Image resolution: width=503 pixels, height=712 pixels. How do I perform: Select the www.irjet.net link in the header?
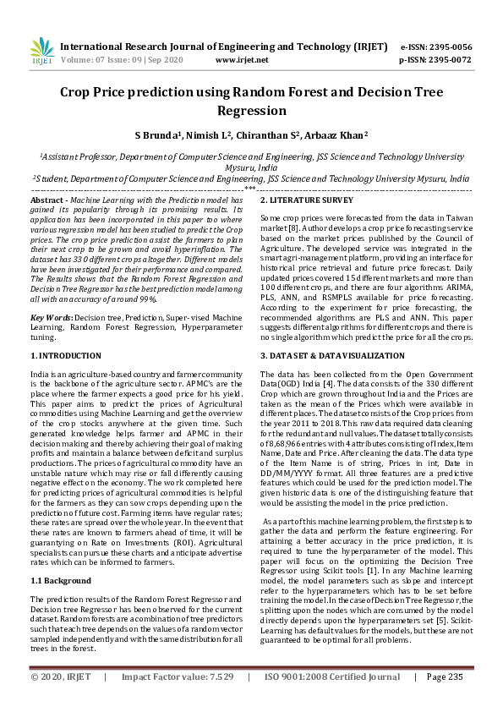(x=242, y=60)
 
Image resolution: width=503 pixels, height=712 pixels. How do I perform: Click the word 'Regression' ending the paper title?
(x=252, y=111)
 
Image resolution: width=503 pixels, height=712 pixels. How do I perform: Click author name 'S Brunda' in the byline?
(x=156, y=134)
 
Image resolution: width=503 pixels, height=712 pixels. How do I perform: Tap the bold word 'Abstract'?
(x=47, y=199)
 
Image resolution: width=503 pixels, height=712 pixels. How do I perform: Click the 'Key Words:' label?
(x=51, y=293)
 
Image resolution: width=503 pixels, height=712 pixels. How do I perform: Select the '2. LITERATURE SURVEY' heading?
(x=306, y=200)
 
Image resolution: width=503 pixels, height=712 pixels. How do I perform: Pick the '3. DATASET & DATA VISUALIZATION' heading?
(x=333, y=356)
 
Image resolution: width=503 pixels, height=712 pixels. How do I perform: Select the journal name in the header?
(x=211, y=47)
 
